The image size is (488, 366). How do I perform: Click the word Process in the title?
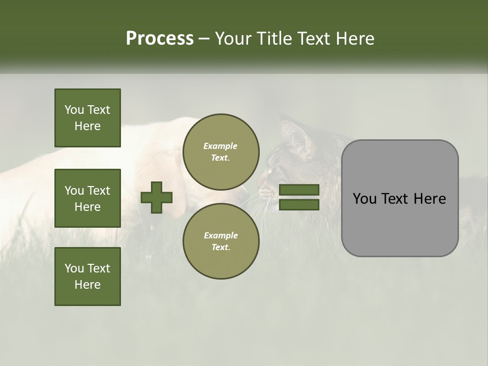pos(160,39)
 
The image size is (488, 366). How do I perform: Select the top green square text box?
pos(87,118)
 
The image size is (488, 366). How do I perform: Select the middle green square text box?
pos(87,198)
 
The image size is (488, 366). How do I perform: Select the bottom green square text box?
pos(87,276)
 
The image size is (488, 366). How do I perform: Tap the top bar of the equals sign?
pos(299,190)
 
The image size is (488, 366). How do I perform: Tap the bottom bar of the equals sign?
pos(299,205)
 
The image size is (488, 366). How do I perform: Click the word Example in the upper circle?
pos(221,146)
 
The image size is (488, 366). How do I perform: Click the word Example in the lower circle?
pos(221,235)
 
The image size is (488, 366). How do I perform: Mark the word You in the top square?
pos(74,110)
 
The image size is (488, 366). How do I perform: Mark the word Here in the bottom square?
pos(87,285)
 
